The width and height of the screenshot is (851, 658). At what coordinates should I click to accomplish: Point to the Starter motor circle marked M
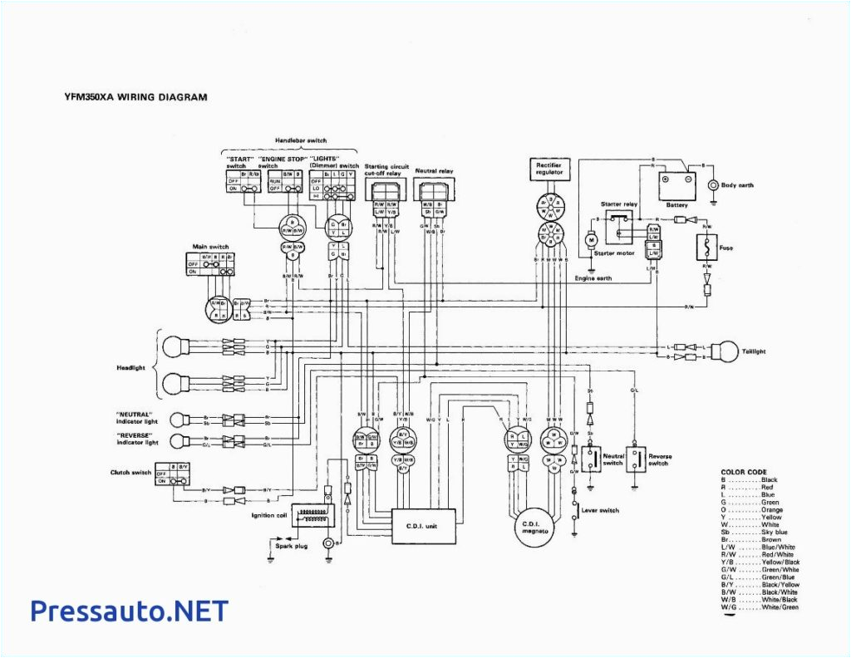pos(592,239)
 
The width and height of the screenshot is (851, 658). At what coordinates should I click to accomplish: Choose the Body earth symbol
pos(712,184)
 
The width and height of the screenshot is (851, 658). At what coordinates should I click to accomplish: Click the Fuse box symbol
pos(706,247)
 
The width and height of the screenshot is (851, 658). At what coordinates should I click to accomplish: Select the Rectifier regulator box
pos(548,170)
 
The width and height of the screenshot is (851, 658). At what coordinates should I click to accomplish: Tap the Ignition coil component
pos(312,515)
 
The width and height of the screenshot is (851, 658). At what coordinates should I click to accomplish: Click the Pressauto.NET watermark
pos(129,611)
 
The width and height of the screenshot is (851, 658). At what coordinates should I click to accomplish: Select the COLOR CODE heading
pos(744,472)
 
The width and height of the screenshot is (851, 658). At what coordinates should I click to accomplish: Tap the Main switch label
pos(211,246)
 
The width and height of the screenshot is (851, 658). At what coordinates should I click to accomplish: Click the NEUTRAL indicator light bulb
pos(175,419)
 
